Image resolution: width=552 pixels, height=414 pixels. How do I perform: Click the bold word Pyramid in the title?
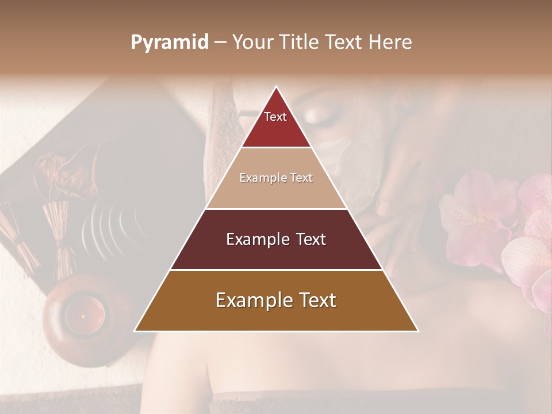tap(170, 43)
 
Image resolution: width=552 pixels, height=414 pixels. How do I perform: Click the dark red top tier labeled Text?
tap(275, 124)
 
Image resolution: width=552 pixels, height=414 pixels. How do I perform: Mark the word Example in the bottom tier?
tap(252, 301)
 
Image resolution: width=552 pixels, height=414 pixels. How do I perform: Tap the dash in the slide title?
tap(220, 43)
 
